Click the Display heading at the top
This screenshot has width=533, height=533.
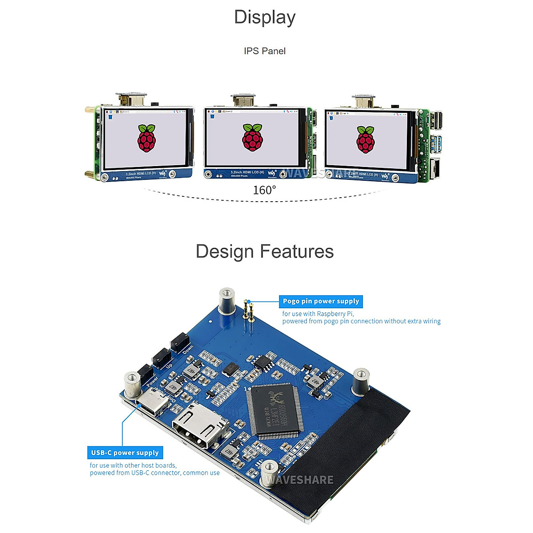pos(265,18)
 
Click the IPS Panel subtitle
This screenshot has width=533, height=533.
pos(265,51)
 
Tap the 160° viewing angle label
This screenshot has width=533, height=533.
pos(264,190)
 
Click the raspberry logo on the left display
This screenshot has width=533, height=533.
pos(147,138)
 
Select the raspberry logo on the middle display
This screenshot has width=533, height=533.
pos(253,137)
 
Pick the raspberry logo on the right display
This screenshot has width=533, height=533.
pos(366,139)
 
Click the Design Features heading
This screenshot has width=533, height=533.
pos(265,251)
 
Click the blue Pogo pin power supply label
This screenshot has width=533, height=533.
pos(321,302)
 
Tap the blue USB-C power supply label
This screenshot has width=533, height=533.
pos(125,453)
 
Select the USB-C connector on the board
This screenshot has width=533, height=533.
pos(153,404)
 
